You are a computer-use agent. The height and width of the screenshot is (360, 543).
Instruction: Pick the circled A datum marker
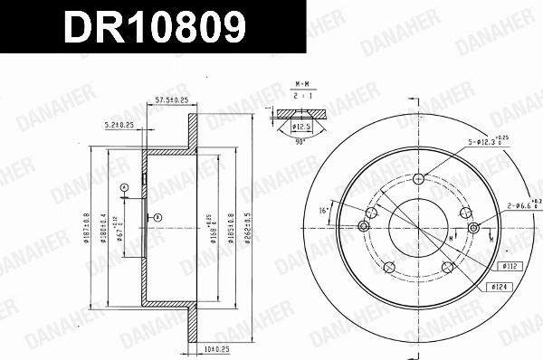[x=123, y=187]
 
